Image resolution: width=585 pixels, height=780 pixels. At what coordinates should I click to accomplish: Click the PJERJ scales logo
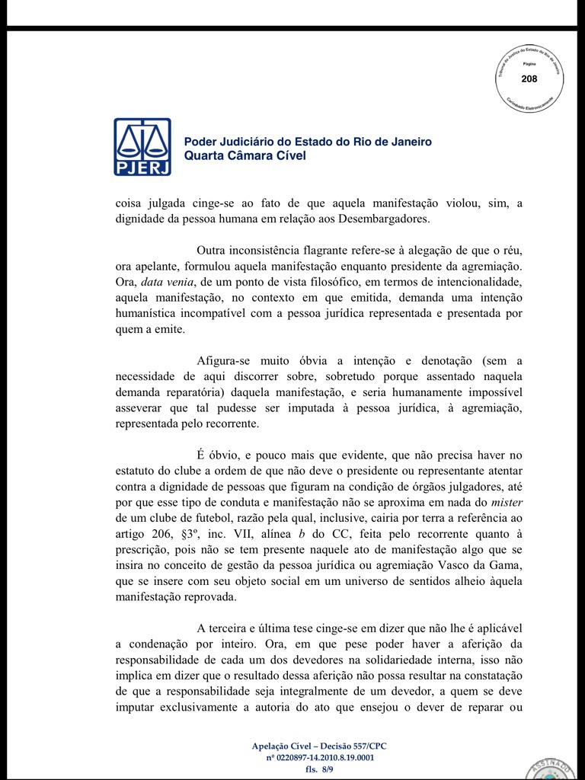[x=142, y=146]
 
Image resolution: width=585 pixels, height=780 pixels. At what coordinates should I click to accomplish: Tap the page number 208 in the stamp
[x=529, y=79]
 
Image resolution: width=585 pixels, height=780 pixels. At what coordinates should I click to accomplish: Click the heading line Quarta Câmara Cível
[x=245, y=155]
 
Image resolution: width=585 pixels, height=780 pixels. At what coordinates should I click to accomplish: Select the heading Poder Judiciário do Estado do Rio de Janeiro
[x=308, y=142]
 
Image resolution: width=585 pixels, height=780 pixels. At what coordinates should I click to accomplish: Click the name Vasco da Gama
[x=483, y=565]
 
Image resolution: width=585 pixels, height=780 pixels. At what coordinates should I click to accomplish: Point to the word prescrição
[x=147, y=550]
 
